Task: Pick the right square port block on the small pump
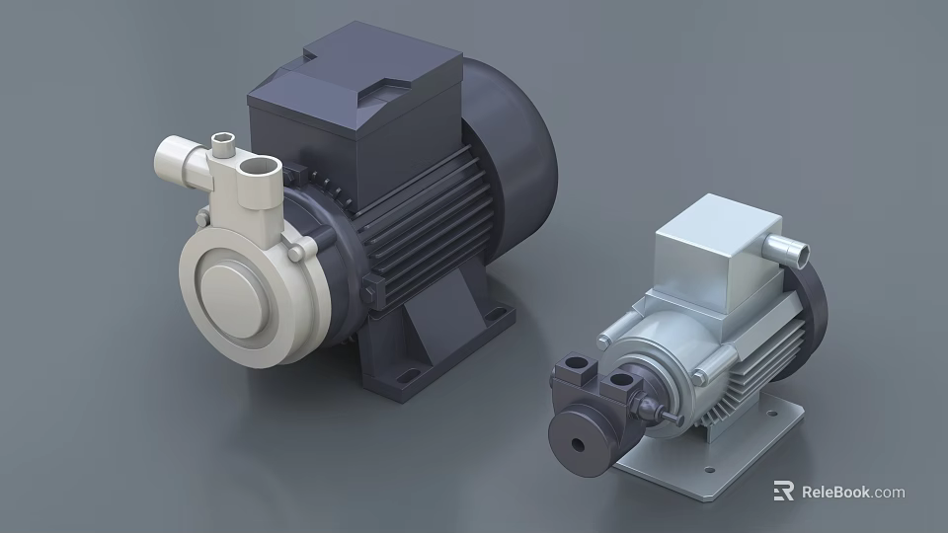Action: [x=621, y=380]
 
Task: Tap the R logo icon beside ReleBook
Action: [x=783, y=492]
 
